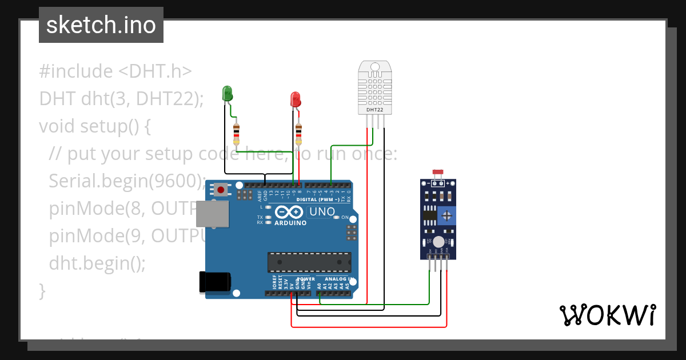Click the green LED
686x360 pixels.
[x=227, y=94]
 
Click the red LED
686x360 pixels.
[x=296, y=99]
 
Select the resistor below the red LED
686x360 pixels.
[x=298, y=135]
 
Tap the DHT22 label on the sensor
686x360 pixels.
[x=375, y=109]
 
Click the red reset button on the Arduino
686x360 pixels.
[x=220, y=189]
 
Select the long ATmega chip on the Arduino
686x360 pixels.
[x=309, y=262]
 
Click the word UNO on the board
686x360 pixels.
[x=322, y=212]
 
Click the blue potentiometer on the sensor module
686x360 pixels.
[x=447, y=216]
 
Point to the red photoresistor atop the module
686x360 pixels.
[x=438, y=172]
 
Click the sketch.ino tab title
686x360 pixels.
[x=101, y=25]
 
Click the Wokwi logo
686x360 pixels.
[x=607, y=315]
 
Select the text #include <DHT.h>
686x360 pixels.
[x=115, y=71]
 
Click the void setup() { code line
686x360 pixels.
[x=95, y=126]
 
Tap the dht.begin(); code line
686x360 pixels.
[x=97, y=263]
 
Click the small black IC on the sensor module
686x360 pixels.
[x=429, y=216]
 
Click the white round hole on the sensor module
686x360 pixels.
[x=438, y=242]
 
